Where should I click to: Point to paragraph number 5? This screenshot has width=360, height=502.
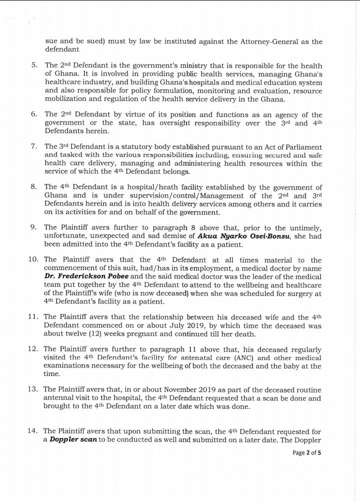point(34,65)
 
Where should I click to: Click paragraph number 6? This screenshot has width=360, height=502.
point(34,115)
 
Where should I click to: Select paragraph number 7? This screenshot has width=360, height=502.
point(34,146)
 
